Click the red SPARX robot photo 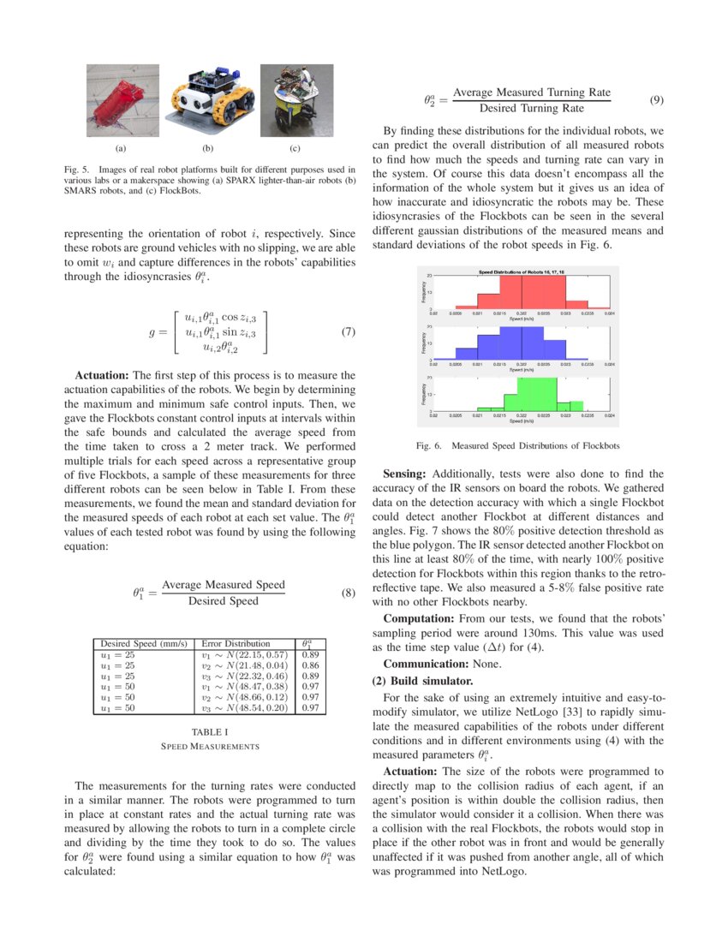122,101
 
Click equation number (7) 348,332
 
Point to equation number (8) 348,593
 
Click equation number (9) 657,100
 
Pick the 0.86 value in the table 311,665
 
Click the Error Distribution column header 236,643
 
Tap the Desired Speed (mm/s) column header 143,643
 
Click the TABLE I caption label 210,732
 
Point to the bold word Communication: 419,664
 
